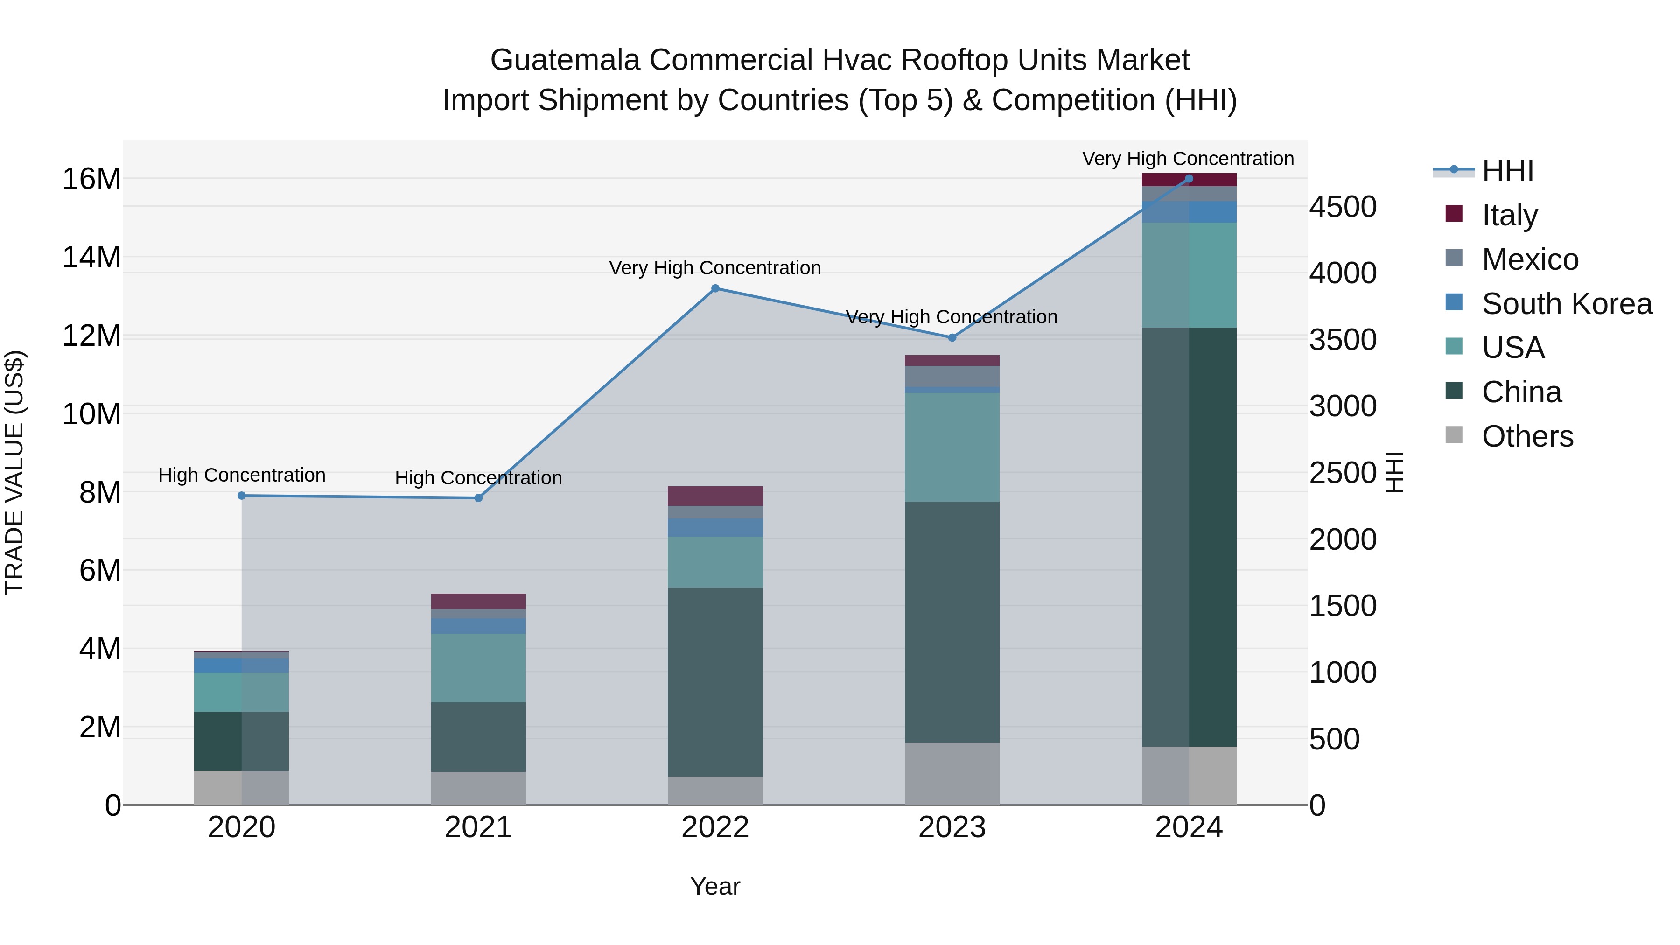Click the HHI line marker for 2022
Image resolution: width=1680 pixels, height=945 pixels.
click(715, 288)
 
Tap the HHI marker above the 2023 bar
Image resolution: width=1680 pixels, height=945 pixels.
click(952, 337)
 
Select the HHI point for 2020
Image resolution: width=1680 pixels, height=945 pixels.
click(241, 496)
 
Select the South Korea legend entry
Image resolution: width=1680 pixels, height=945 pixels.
click(1567, 304)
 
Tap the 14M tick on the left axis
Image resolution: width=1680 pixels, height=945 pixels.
click(91, 257)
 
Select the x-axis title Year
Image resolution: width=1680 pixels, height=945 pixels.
click(715, 886)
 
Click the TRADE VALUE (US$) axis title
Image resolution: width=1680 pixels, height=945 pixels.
click(14, 472)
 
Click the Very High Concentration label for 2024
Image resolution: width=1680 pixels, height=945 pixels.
click(1188, 159)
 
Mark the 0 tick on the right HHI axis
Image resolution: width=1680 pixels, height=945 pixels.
click(1317, 805)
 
